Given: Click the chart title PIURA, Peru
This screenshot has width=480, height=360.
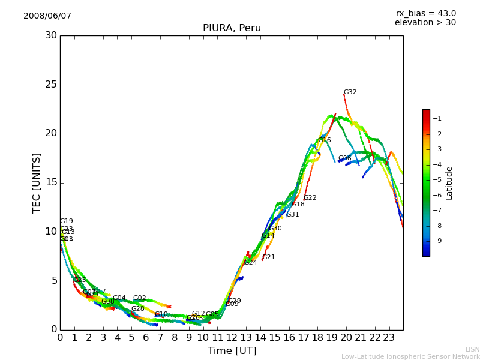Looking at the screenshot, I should click(232, 28).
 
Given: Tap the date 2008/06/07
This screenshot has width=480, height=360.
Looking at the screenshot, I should click(47, 16).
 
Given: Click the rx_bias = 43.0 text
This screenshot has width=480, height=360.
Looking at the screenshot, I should click(426, 13).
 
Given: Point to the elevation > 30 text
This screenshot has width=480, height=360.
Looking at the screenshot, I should click(425, 23).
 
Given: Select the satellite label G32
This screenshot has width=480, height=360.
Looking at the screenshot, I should click(350, 92).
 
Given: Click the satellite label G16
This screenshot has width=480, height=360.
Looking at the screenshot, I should click(324, 140).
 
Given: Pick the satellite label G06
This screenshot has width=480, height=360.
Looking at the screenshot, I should click(344, 158).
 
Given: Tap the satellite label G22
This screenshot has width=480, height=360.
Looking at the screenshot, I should click(310, 198).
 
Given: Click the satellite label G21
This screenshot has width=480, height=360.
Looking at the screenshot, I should click(268, 257).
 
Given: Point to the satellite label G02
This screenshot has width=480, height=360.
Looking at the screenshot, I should click(139, 298).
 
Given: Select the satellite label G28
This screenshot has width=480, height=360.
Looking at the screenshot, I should click(137, 309).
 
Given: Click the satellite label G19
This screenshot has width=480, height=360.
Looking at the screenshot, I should click(66, 221).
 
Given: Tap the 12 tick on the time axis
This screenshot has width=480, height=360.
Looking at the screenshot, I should click(232, 338).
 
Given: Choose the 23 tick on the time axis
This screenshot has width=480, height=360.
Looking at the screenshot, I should click(389, 338).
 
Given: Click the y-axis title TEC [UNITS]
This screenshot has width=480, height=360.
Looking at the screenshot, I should click(37, 182).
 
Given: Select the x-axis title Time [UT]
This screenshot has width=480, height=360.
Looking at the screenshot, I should click(232, 351).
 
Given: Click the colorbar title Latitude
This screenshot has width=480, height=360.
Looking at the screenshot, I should click(449, 182).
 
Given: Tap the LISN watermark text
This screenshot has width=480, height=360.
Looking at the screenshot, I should click(472, 349).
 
